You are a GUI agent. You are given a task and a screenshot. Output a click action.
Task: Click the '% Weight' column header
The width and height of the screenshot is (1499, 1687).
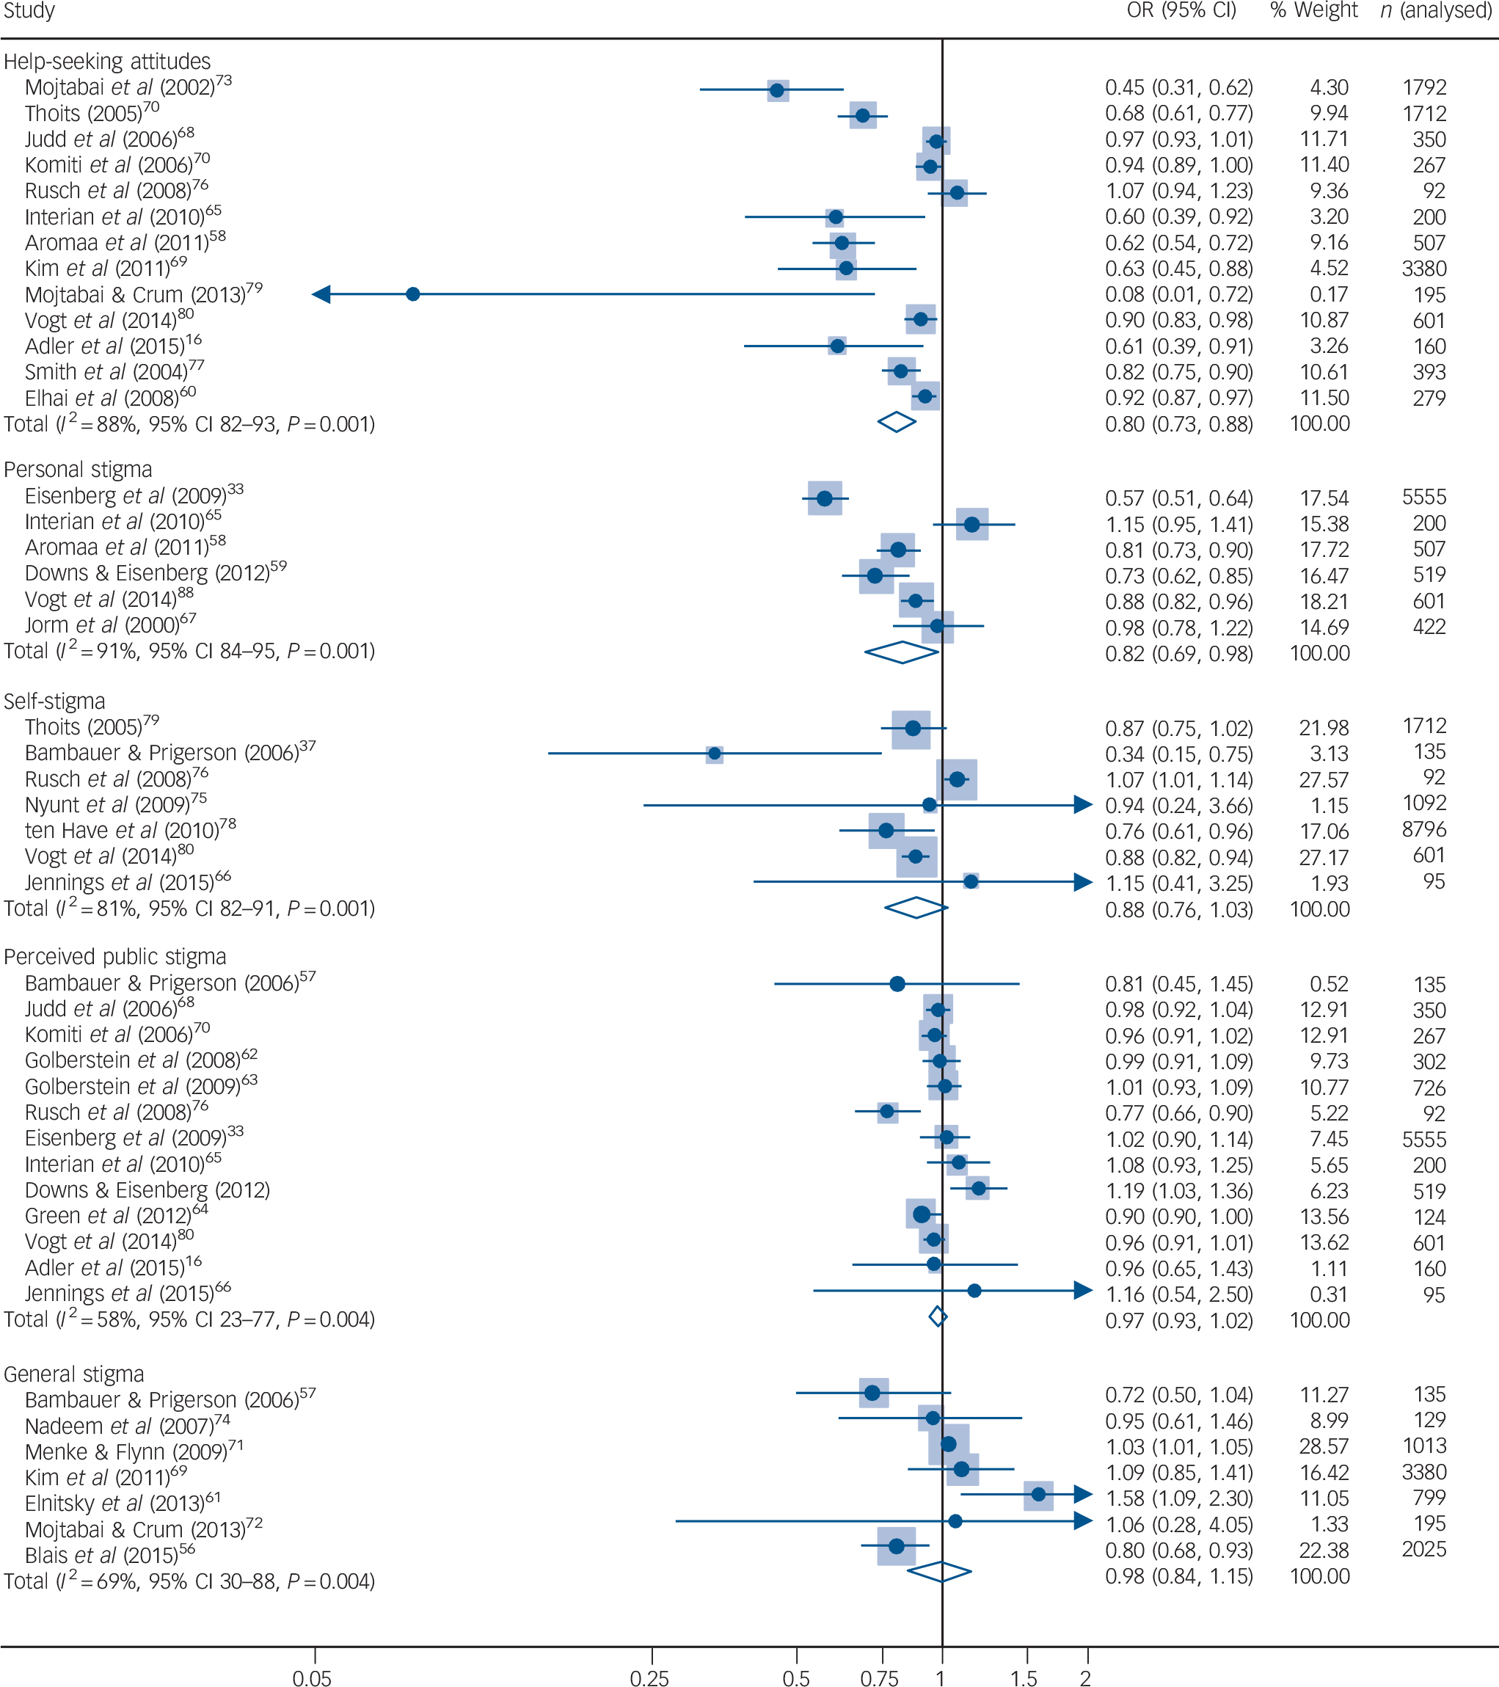(1314, 11)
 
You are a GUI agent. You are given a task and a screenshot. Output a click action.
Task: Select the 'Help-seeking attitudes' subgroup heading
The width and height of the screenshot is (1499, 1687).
(107, 62)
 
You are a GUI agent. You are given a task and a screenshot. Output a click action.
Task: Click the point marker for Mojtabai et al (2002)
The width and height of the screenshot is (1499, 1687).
(777, 90)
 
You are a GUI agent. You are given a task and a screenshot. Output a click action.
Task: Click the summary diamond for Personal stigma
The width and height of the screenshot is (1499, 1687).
(901, 653)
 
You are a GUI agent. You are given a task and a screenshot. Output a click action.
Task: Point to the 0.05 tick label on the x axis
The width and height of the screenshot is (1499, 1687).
(312, 1677)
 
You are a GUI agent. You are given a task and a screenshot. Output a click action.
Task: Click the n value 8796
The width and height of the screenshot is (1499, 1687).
(1424, 828)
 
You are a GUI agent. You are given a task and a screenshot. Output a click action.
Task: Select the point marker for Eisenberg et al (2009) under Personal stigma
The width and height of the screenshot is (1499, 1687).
(824, 498)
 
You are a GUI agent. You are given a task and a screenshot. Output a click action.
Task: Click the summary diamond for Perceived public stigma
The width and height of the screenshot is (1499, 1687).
(938, 1316)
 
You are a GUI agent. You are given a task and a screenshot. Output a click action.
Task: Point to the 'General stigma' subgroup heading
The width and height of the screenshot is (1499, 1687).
(74, 1374)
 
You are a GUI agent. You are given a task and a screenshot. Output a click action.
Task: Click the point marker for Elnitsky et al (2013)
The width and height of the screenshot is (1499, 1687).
(1038, 1494)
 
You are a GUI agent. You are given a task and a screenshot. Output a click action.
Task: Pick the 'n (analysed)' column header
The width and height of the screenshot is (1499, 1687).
(1437, 11)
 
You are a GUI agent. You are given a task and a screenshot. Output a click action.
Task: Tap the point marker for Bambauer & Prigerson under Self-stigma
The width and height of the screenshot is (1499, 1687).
(715, 754)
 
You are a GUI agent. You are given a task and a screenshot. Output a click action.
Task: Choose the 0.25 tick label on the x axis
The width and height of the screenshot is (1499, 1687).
(649, 1677)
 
